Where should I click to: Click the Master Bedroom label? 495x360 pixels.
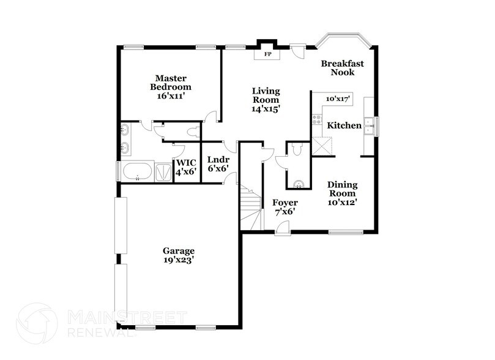click(170, 86)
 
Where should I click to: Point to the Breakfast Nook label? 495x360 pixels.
click(343, 67)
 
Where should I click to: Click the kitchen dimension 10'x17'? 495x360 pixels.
click(337, 98)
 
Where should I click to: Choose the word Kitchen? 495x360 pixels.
click(344, 126)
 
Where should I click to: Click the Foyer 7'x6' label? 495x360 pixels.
click(285, 207)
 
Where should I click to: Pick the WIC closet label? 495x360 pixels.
click(186, 167)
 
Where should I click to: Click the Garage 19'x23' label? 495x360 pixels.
click(179, 255)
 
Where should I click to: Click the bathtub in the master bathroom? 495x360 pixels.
click(136, 171)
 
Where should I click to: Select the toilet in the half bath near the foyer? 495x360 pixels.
click(297, 149)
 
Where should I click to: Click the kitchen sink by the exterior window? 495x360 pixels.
click(369, 127)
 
